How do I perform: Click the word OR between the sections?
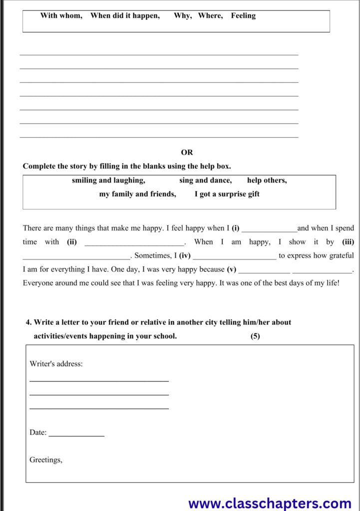(187, 152)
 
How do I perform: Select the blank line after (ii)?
(134, 244)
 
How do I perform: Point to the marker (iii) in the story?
(348, 242)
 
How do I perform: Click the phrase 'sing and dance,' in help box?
(205, 181)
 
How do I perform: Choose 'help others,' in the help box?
(267, 181)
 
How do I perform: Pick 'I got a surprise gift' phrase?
(227, 194)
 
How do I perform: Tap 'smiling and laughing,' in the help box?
(108, 181)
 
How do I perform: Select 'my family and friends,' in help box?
(137, 194)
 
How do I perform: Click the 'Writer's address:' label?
(56, 364)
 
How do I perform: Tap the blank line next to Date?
(76, 435)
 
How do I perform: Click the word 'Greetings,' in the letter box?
(46, 460)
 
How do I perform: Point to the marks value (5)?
(255, 336)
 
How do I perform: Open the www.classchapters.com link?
(270, 503)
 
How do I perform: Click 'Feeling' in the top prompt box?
(243, 16)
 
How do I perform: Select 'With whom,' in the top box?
(61, 16)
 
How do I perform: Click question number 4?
(28, 322)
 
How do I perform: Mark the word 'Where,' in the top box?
(210, 16)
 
